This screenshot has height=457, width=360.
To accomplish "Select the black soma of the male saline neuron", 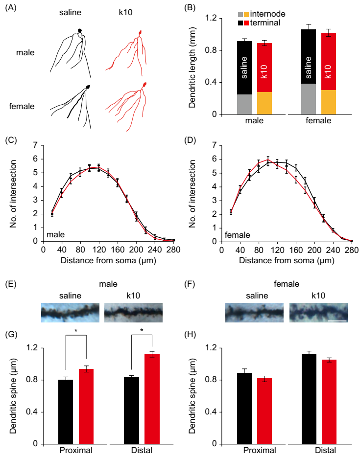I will [80, 31].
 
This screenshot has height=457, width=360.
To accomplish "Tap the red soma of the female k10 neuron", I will [144, 86].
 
